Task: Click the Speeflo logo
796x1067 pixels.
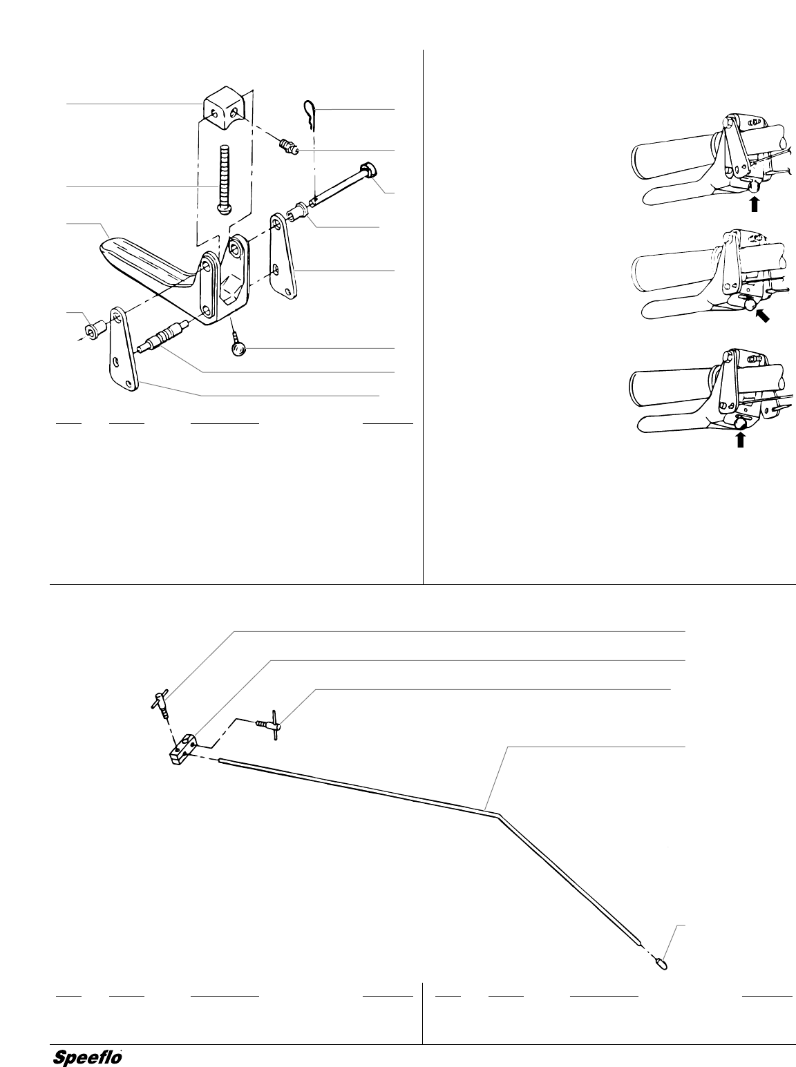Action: click(88, 1057)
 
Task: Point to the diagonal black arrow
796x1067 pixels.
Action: click(762, 317)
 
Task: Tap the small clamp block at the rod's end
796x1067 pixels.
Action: click(182, 751)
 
